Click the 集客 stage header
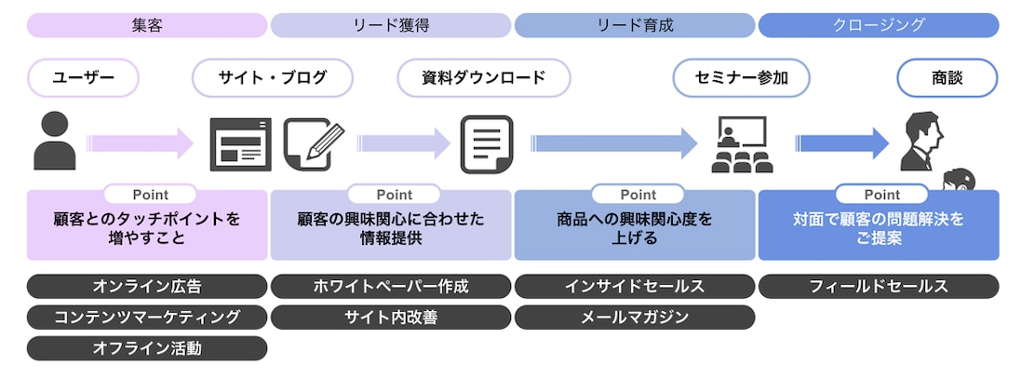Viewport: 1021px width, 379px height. point(147,25)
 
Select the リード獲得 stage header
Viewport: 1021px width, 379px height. point(391,25)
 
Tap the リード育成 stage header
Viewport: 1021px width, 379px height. point(635,25)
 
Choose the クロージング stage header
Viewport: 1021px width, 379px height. point(879,25)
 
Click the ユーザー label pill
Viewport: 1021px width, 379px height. point(84,78)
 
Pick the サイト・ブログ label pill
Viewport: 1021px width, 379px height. point(273,78)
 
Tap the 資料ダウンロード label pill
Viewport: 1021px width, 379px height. point(484,78)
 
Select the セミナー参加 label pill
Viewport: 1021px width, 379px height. point(741,78)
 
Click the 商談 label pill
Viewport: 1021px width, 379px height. point(947,78)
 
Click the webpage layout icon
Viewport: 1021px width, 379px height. point(240,145)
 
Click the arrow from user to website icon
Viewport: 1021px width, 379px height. point(141,143)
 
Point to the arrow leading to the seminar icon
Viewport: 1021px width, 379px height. point(614,143)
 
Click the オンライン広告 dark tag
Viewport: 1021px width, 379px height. point(147,287)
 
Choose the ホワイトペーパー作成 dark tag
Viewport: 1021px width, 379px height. point(391,287)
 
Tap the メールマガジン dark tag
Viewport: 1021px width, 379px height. point(635,318)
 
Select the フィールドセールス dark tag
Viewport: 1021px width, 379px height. point(879,287)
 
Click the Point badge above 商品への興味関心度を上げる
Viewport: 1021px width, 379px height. point(638,195)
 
